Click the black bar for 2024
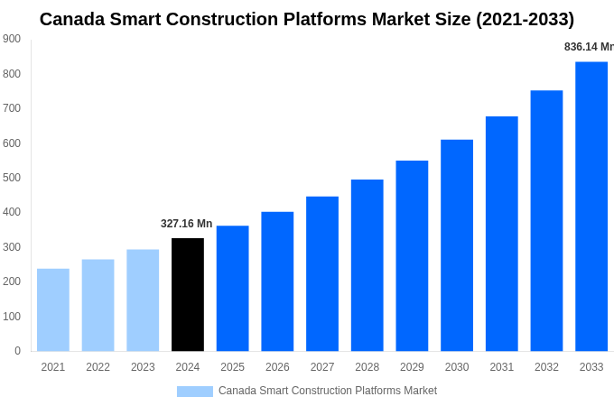(188, 294)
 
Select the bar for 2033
(591, 206)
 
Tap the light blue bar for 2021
(53, 309)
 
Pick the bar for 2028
(367, 265)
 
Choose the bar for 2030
(457, 245)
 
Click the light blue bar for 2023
(143, 300)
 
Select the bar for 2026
(277, 281)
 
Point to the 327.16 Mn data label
(187, 224)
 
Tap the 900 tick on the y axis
(12, 39)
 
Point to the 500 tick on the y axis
(12, 178)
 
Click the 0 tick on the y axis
(17, 351)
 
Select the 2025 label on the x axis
(232, 367)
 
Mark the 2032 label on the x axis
(546, 367)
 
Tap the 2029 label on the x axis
(412, 367)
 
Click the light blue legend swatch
(195, 392)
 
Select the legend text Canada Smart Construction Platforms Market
(328, 391)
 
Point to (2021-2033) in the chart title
(526, 19)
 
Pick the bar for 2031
(502, 234)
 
